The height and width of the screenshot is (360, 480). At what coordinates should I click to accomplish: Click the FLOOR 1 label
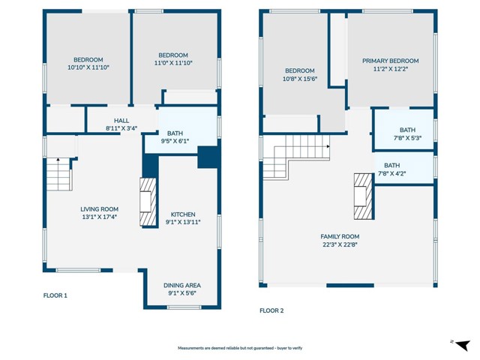tap(55, 295)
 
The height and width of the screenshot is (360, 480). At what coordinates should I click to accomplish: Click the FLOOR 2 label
tap(272, 310)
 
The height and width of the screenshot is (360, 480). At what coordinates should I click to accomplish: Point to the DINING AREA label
tap(182, 285)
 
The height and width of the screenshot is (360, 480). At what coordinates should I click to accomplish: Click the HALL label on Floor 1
tap(121, 120)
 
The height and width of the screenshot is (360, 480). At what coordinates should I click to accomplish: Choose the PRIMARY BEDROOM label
tap(390, 61)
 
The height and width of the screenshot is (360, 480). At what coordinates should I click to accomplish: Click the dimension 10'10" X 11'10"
tap(88, 67)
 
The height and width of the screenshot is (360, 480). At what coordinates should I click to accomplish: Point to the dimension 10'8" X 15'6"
tap(298, 78)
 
